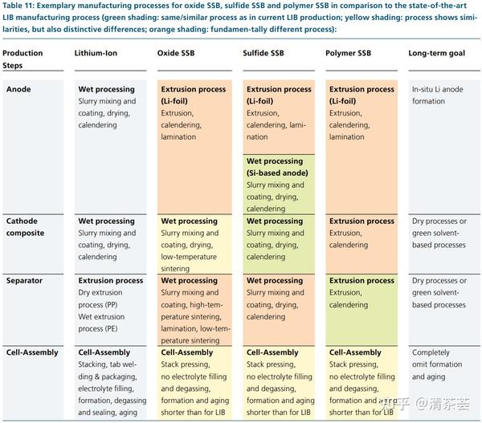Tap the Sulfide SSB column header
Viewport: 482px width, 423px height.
pos(265,53)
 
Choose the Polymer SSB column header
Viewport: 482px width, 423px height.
pos(349,53)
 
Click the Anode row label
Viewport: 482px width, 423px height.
pos(18,89)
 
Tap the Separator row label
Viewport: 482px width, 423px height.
pos(25,281)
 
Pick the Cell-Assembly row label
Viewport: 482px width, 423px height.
pos(32,352)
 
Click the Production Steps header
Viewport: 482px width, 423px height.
pos(24,59)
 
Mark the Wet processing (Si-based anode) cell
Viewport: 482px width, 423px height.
pos(280,185)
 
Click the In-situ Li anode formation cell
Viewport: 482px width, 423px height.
pos(439,96)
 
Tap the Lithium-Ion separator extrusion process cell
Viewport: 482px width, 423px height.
pos(109,305)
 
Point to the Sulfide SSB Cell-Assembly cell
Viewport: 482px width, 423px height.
pos(280,382)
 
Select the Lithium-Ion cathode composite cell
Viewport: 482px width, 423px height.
pos(109,239)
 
